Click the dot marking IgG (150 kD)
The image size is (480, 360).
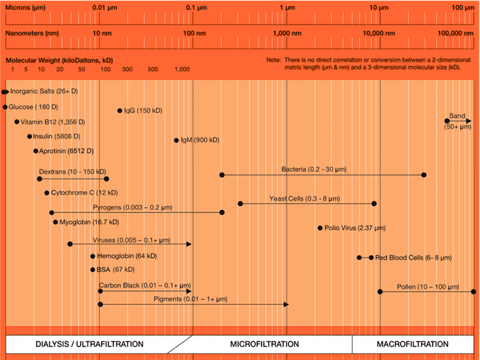point(120,111)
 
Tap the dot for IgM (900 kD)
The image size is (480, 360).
point(176,140)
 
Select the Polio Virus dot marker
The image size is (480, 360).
point(320,228)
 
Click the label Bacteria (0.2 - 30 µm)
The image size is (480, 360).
point(314,169)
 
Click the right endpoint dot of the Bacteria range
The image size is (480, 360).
point(424,175)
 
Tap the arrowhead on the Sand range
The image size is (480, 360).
point(468,121)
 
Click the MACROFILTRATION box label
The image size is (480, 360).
point(413,344)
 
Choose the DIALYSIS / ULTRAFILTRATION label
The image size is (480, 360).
point(90,344)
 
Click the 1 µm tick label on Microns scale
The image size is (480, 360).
point(287,8)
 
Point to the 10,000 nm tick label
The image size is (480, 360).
point(379,33)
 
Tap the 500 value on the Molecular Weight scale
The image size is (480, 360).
point(153,69)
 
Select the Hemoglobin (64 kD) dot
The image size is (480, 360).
point(93,256)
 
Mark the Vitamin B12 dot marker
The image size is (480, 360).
point(17,122)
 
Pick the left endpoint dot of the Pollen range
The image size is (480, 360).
point(380,292)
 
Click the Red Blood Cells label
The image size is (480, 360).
point(413,258)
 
